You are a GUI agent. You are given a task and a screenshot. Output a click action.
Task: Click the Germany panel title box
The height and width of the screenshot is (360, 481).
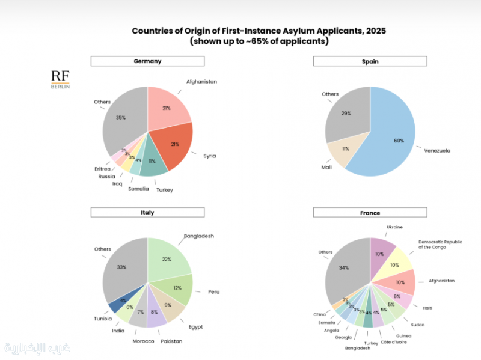point(147,61)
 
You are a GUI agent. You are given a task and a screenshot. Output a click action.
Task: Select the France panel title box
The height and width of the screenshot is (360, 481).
point(370,213)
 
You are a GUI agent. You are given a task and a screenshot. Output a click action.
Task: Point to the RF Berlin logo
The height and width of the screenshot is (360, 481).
point(60,79)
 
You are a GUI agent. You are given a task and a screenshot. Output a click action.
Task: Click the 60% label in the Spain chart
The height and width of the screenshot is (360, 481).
point(398,141)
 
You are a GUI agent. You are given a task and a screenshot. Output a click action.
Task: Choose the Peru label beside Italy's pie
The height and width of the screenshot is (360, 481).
point(213,292)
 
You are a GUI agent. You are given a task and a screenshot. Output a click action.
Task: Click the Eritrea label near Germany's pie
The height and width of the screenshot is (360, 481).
point(103,169)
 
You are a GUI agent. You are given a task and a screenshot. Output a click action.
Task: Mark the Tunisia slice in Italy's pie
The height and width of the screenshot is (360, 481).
point(118,304)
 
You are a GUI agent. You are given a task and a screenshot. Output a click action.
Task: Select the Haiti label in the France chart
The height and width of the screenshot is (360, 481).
point(427,308)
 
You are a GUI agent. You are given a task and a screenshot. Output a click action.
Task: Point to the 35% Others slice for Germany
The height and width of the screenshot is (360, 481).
point(123,120)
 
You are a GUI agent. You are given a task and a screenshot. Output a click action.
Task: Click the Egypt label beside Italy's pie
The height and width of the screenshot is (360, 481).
point(195,327)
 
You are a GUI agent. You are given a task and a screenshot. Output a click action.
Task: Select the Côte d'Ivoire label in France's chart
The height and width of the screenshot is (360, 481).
point(393,341)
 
